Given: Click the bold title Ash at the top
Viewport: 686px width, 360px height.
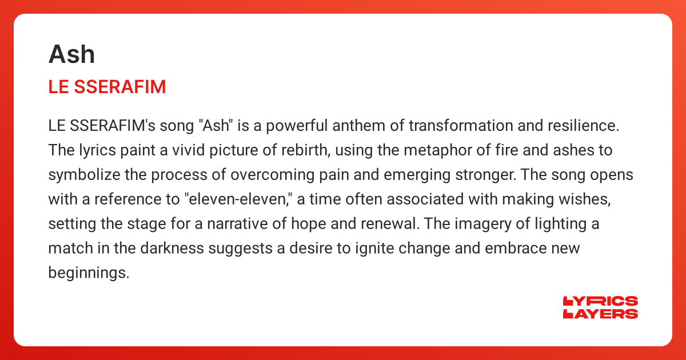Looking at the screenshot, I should click(x=71, y=54).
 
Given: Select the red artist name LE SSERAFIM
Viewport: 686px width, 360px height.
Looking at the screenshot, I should click(x=107, y=87).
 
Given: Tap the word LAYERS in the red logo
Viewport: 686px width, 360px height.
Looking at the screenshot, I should click(x=600, y=314).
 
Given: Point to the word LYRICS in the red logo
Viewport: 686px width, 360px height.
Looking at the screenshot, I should click(x=600, y=301).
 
